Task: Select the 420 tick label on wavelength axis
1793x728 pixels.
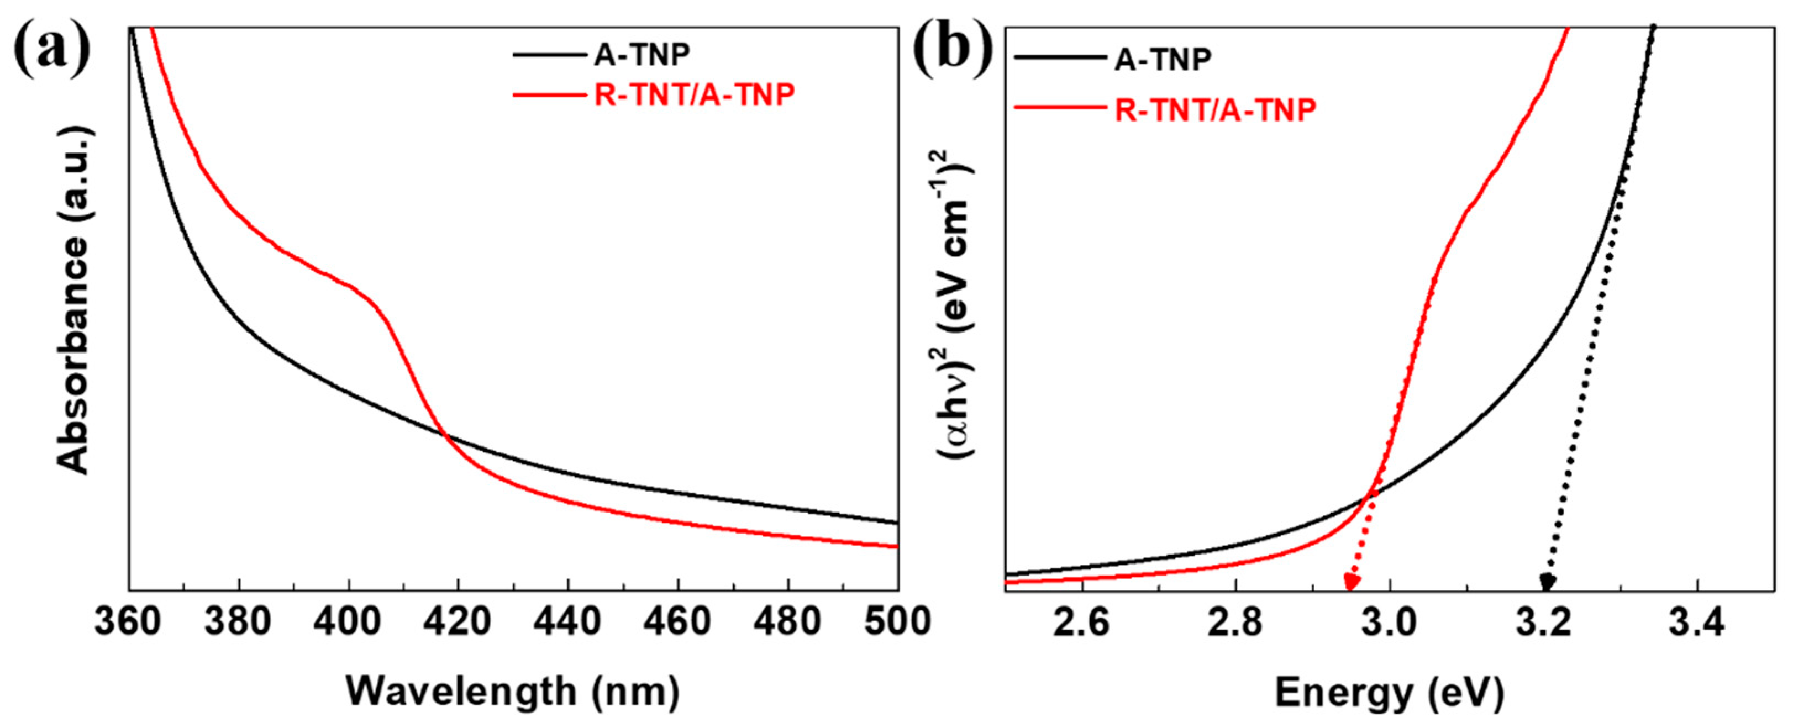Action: click(x=459, y=621)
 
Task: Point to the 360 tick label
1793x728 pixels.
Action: click(x=128, y=621)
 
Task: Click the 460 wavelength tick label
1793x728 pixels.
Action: click(x=678, y=621)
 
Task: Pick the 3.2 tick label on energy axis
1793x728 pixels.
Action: click(x=1544, y=621)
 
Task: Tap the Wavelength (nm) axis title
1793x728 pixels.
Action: click(x=513, y=692)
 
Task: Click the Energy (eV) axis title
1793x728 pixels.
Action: click(x=1389, y=693)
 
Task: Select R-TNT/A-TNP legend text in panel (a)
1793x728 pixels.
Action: click(x=694, y=94)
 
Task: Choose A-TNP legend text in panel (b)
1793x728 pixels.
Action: click(x=1163, y=59)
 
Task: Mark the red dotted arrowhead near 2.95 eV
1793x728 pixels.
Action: click(x=1352, y=583)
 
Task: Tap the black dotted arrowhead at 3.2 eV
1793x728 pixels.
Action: click(x=1547, y=582)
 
